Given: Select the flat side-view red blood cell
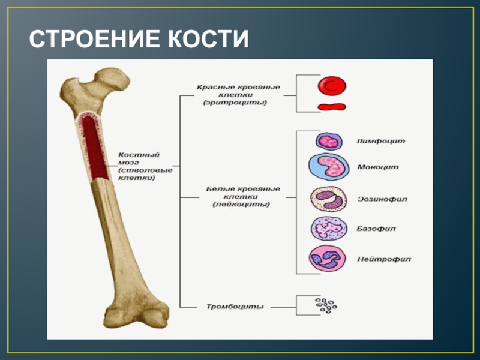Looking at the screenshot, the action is click(x=331, y=107).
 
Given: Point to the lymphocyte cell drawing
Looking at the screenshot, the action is click(x=329, y=141).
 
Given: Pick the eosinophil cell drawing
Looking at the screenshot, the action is click(x=328, y=199).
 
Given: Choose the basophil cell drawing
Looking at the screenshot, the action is click(x=327, y=229).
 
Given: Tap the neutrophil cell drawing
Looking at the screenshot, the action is click(x=326, y=259).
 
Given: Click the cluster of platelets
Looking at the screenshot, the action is click(x=326, y=305).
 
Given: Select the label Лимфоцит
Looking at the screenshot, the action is click(x=381, y=142).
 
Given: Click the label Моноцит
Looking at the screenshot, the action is click(x=378, y=167).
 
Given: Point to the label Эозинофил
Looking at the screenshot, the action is click(x=382, y=199).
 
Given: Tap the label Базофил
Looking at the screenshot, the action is click(x=376, y=229).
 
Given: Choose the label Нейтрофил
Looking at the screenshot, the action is click(x=384, y=260).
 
